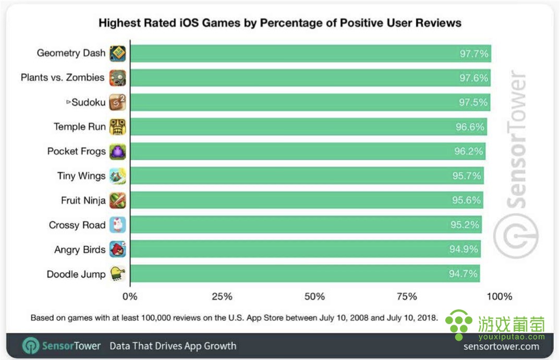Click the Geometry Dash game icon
118,53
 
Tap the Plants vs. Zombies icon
118,78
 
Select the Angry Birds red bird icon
118,249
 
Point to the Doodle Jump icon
118,274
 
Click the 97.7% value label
473,53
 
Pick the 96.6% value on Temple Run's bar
470,127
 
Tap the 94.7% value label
463,274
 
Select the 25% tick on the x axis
222,296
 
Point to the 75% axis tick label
407,296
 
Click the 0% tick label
130,296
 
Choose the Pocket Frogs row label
76,151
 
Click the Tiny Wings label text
81,176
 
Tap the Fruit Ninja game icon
118,200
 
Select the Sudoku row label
88,102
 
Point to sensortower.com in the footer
501,346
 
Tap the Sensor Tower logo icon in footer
30,345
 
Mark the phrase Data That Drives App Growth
173,346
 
